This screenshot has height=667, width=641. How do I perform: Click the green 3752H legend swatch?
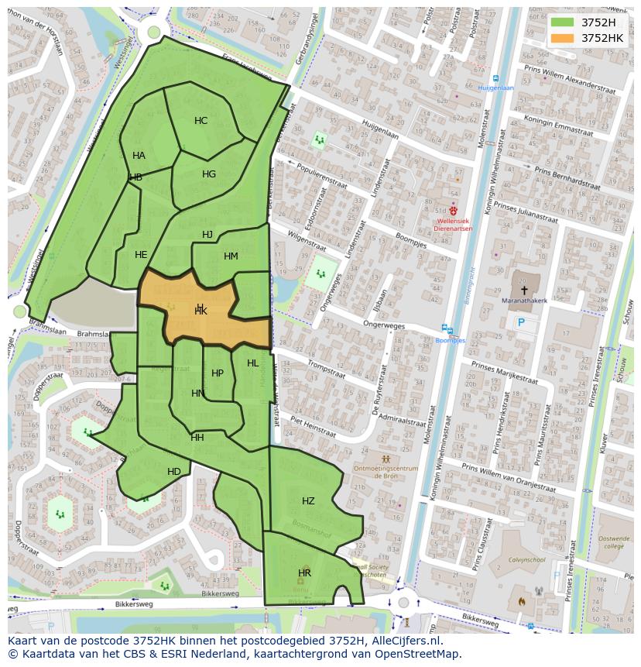[x=562, y=22]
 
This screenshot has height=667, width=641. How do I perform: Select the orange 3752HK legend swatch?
[x=562, y=38]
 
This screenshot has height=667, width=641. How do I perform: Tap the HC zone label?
[x=201, y=121]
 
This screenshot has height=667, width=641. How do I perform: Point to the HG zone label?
[x=209, y=174]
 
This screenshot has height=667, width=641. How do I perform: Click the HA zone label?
[x=139, y=156]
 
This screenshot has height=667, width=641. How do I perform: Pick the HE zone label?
[x=141, y=255]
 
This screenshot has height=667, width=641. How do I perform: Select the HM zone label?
[x=231, y=256]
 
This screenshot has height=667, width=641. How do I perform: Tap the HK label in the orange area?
[x=201, y=311]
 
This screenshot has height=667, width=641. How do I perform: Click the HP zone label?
[x=218, y=373]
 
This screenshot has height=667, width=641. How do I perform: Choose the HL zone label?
[x=253, y=363]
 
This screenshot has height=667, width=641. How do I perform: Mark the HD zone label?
[x=174, y=472]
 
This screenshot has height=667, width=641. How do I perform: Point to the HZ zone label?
[x=308, y=501]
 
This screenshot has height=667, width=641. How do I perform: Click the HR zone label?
[x=304, y=573]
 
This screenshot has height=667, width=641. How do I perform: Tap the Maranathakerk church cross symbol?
[x=524, y=291]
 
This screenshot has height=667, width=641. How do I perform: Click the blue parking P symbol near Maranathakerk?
[x=521, y=322]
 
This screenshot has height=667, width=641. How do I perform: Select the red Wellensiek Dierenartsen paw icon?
[x=453, y=210]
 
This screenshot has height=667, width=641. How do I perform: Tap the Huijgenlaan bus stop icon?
[x=495, y=78]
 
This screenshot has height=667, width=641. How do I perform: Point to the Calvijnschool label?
[x=527, y=559]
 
